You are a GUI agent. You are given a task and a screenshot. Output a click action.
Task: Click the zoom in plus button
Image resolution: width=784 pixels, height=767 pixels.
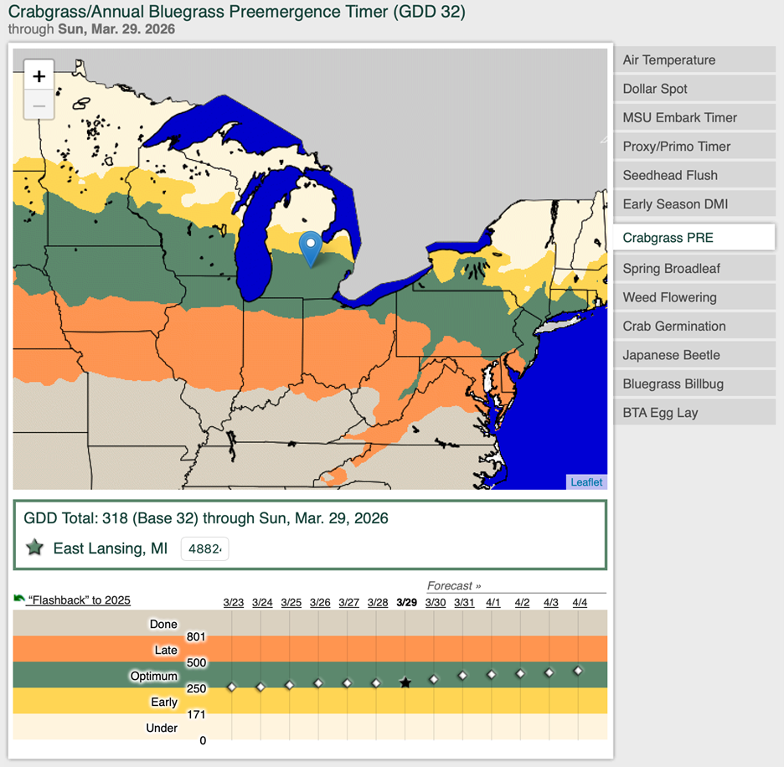pos(39,76)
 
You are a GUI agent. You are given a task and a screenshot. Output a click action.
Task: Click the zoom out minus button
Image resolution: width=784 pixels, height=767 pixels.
pos(39,106)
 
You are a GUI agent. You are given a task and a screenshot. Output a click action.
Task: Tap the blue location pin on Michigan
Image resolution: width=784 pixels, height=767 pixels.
pos(311,247)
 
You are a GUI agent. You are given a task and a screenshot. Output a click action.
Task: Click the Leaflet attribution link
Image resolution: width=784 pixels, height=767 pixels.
pos(586,481)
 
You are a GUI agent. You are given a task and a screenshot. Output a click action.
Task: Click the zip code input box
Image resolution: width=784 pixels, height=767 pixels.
pos(204,549)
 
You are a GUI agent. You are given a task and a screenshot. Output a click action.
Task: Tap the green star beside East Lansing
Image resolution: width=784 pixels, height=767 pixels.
pos(34,548)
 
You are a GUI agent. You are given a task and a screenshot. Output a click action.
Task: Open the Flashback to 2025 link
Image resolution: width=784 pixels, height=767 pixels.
pos(80,600)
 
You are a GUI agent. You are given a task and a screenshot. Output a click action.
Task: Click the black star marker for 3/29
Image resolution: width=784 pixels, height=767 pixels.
pos(405,683)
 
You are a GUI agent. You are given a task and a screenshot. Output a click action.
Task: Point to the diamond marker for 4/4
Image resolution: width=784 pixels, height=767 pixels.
pos(578,671)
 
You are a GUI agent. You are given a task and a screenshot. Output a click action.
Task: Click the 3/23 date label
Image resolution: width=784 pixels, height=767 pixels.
pos(234,603)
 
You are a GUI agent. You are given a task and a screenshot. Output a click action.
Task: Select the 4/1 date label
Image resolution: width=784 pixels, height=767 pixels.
pos(493,603)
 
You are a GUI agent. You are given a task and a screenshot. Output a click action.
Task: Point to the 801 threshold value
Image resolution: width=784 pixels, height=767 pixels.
pos(196,637)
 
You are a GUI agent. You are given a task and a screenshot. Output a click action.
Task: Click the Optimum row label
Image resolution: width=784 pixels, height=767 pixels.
pos(153,676)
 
